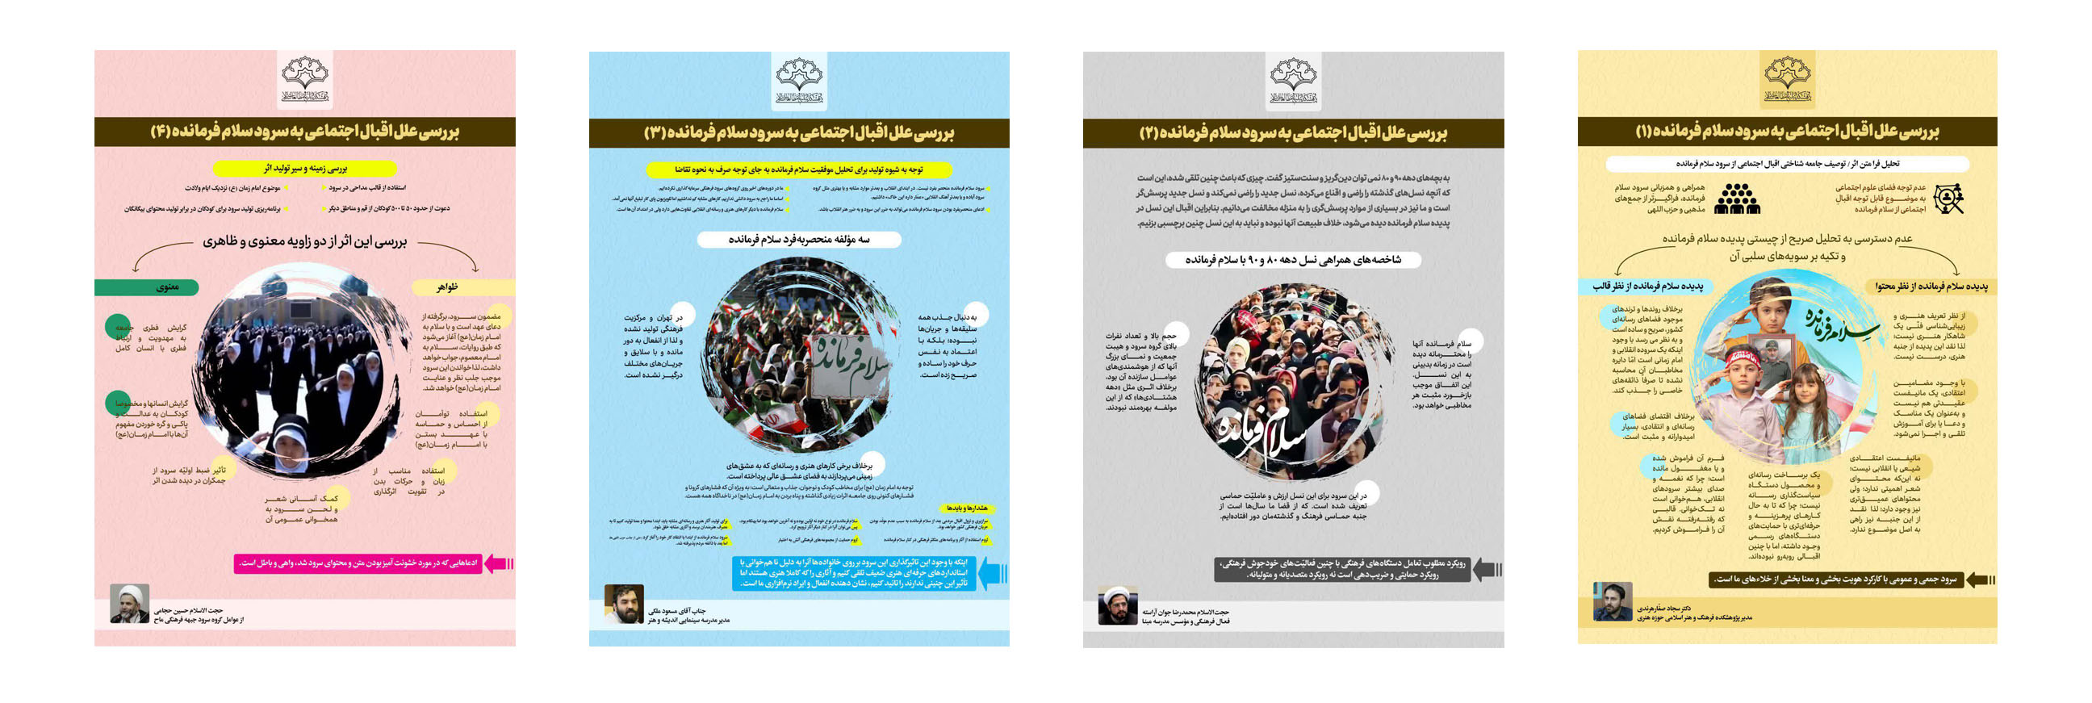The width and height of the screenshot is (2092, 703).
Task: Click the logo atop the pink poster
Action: click(304, 79)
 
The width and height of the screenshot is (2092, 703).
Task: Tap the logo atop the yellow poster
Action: click(1787, 79)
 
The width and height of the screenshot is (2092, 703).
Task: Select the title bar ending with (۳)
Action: click(799, 132)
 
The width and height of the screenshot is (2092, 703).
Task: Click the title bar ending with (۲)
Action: click(1293, 132)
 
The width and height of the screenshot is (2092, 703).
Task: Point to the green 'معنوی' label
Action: click(148, 287)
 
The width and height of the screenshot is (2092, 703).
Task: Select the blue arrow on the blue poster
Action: click(993, 573)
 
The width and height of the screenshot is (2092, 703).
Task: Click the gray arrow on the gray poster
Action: click(1486, 569)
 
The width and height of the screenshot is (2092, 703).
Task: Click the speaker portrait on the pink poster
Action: click(130, 603)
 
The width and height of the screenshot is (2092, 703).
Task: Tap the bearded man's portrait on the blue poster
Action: click(624, 605)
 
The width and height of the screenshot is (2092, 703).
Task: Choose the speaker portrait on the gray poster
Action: click(1118, 605)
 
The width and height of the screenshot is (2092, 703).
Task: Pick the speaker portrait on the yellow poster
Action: click(1612, 601)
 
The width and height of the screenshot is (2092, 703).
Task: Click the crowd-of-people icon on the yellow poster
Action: click(1736, 198)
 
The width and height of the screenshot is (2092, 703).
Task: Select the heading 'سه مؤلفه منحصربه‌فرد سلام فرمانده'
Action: click(799, 240)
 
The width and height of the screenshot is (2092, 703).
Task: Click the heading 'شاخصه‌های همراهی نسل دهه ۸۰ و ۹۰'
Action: click(1293, 260)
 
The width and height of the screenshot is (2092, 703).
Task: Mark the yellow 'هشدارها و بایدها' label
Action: click(965, 508)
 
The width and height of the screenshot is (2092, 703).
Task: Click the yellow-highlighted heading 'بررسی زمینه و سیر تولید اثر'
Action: click(304, 169)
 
